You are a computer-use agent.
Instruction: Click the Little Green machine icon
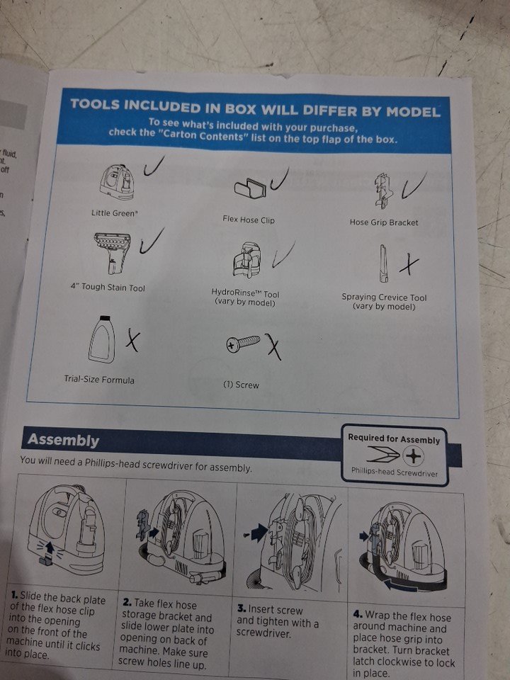[x=117, y=183]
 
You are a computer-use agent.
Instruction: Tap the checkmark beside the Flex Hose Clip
[x=279, y=179]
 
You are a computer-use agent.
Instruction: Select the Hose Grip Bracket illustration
[x=384, y=191]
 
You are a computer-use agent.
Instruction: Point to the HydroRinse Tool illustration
[x=247, y=260]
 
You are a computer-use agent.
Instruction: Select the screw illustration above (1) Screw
[x=243, y=343]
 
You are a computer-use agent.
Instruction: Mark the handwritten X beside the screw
[x=273, y=346]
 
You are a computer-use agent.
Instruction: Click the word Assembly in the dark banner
[x=63, y=440]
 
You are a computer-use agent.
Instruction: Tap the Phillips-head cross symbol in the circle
[x=414, y=456]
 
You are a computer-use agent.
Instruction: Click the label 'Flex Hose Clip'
[x=249, y=220]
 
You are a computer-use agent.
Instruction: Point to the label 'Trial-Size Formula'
[x=99, y=380]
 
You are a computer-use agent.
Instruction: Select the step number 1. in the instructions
[x=15, y=596]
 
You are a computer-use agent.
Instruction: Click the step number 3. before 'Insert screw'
[x=242, y=608]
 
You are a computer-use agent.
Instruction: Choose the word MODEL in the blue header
[x=413, y=112]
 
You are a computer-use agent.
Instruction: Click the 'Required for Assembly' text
[x=394, y=439]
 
